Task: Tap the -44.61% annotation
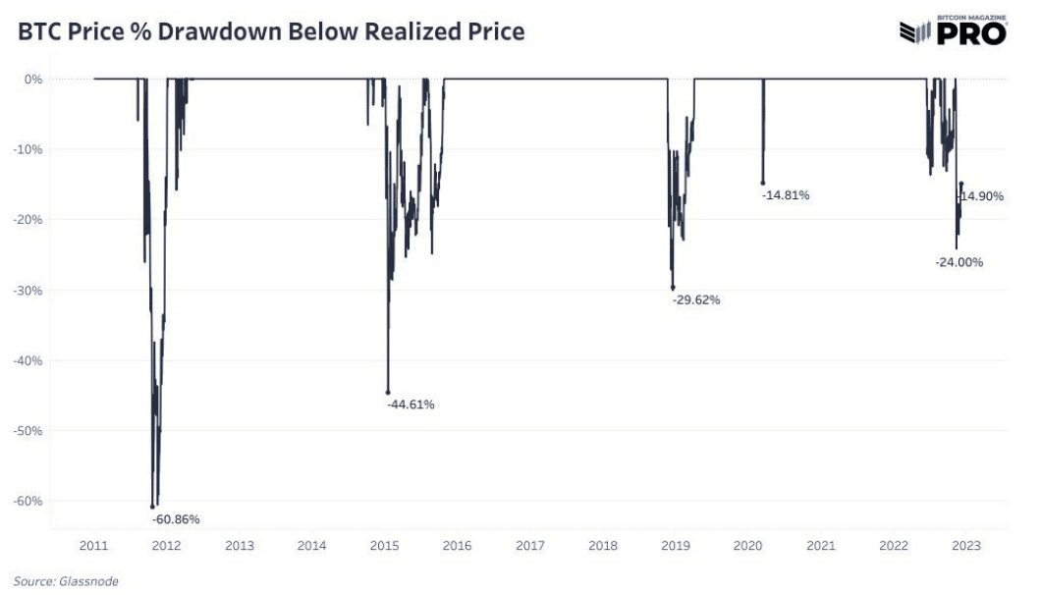[x=411, y=405]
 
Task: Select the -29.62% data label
[x=696, y=300]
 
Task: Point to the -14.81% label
[x=786, y=195]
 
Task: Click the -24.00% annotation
[x=960, y=262]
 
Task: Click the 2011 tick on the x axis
[x=94, y=546]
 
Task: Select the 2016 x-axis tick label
[x=457, y=546]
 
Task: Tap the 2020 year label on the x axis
[x=747, y=546]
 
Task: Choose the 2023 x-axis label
[x=965, y=546]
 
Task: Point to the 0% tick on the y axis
[x=33, y=80]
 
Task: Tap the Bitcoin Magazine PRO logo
[x=954, y=30]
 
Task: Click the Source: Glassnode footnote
[x=66, y=581]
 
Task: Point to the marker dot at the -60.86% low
[x=152, y=507]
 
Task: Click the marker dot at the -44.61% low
[x=388, y=393]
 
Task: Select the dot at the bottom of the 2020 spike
[x=762, y=184]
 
